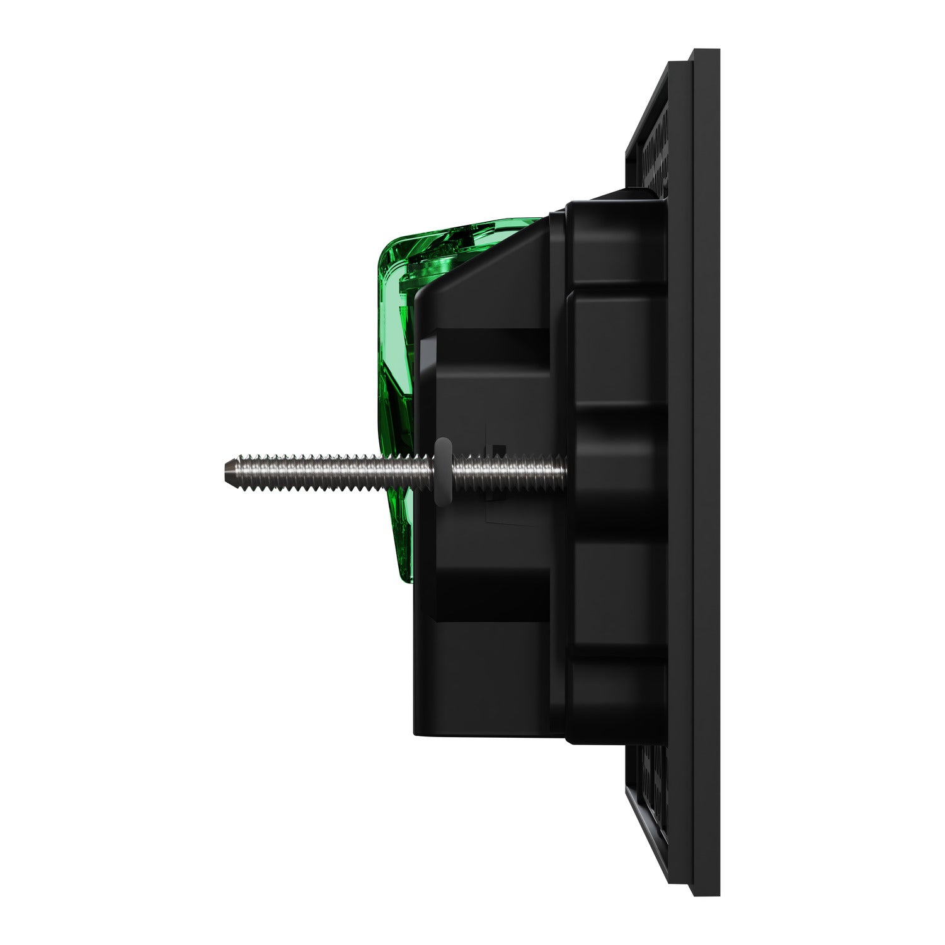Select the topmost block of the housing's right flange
coord(614,246)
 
